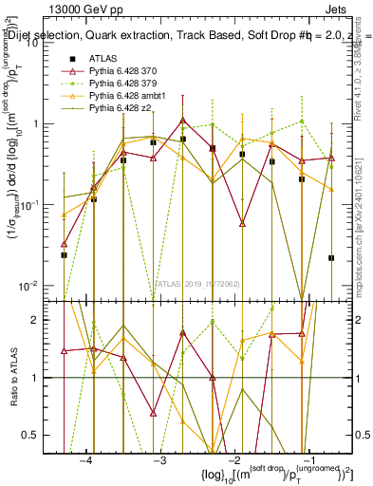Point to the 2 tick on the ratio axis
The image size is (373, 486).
[x=46, y=320]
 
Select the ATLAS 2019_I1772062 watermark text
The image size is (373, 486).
[x=197, y=282]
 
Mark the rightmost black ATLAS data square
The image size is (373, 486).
[x=331, y=257]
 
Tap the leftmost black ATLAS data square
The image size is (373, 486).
[x=64, y=254]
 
